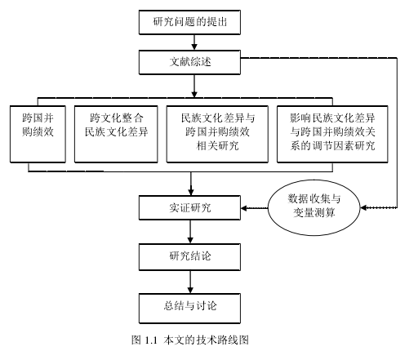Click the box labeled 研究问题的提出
pyautogui.click(x=189, y=22)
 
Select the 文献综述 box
pyautogui.click(x=189, y=62)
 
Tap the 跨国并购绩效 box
pyautogui.click(x=38, y=134)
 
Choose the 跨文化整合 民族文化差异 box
pyautogui.click(x=116, y=134)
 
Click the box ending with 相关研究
pyautogui.click(x=217, y=134)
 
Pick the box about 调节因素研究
pyautogui.click(x=332, y=134)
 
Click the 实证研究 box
pyautogui.click(x=189, y=207)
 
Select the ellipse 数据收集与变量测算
pyautogui.click(x=314, y=207)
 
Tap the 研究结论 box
pyautogui.click(x=189, y=257)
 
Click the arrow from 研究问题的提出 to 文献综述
pyautogui.click(x=194, y=42)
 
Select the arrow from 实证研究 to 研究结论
pyautogui.click(x=190, y=232)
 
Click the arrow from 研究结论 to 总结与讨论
pyautogui.click(x=190, y=282)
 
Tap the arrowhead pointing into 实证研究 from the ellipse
pyautogui.click(x=244, y=208)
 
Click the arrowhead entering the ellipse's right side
pyautogui.click(x=363, y=208)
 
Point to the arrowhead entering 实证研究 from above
pyautogui.click(x=191, y=192)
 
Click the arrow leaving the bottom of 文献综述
pyautogui.click(x=194, y=86)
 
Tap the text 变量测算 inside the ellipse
pyautogui.click(x=314, y=212)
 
